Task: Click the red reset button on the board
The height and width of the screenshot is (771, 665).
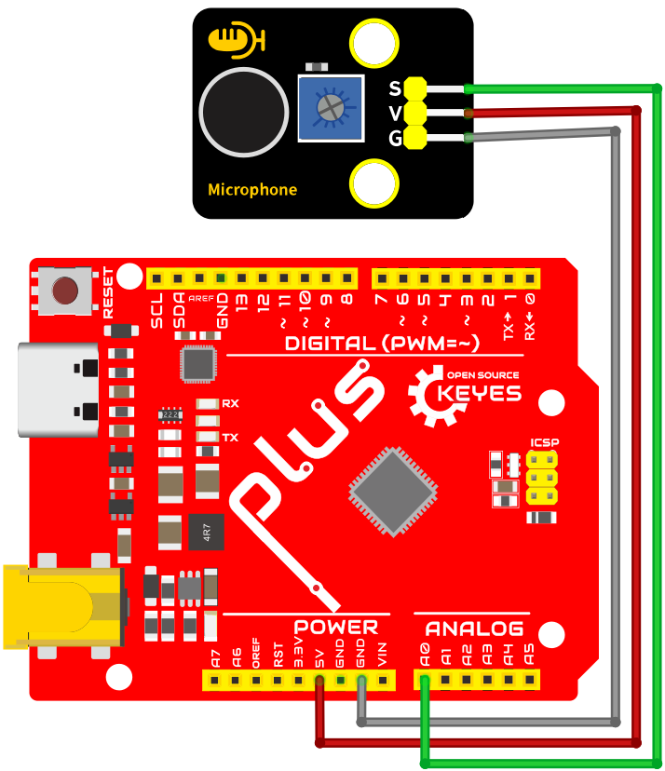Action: [x=65, y=290]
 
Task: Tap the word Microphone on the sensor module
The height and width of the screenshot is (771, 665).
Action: [x=252, y=190]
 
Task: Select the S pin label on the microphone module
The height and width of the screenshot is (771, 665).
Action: [x=395, y=88]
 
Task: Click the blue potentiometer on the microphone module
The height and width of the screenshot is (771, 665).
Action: [x=331, y=108]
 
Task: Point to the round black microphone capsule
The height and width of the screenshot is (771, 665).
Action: [x=244, y=112]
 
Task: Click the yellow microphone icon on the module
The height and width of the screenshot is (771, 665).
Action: [x=237, y=40]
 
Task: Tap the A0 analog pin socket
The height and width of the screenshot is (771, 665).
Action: [x=425, y=680]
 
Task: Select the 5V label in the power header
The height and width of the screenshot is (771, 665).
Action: [x=319, y=658]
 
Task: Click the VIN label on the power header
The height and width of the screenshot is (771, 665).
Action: [x=382, y=655]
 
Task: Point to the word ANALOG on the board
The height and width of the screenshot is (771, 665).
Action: [x=475, y=629]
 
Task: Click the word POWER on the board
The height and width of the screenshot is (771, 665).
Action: [x=336, y=628]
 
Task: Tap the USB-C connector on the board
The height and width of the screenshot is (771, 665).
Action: [x=58, y=390]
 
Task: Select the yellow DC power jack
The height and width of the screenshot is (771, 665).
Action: [x=64, y=606]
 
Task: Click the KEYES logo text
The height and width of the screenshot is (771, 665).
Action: [x=479, y=393]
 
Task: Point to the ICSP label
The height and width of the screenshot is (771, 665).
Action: [x=545, y=442]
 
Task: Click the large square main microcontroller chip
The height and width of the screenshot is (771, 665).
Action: [x=393, y=492]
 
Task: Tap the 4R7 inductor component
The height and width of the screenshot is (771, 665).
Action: [x=207, y=532]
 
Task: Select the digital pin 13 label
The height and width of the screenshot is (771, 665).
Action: [x=241, y=302]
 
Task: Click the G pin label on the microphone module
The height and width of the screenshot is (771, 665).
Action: [x=396, y=138]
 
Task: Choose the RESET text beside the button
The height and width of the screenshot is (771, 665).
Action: [x=108, y=292]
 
